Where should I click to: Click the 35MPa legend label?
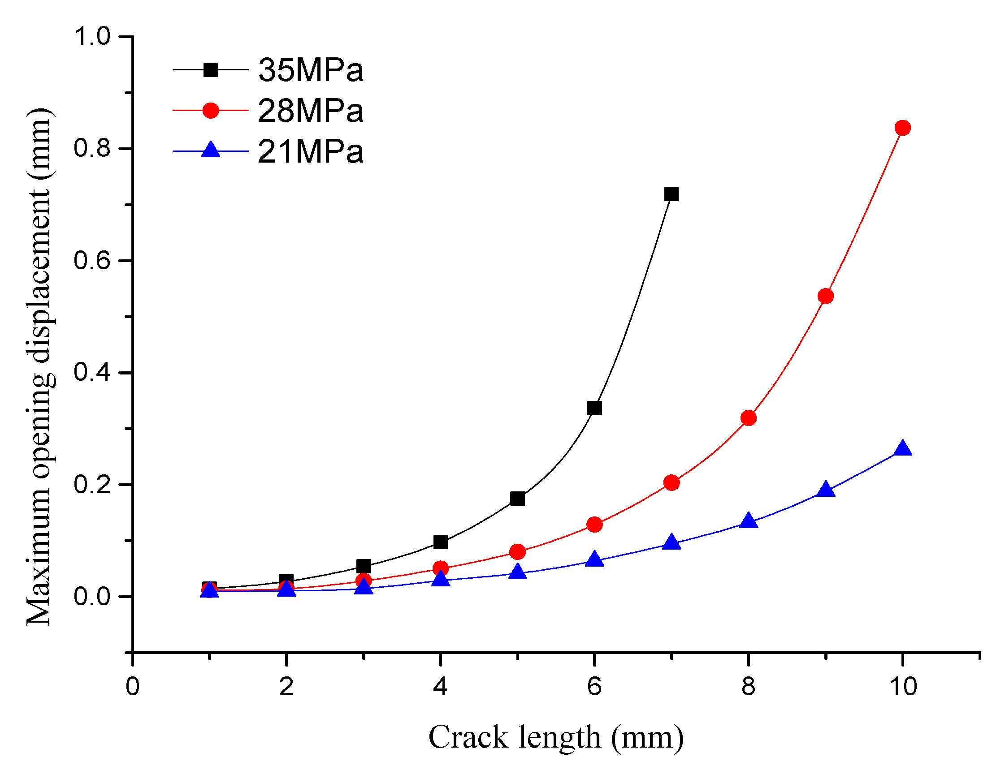point(311,70)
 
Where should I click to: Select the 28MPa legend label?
point(311,111)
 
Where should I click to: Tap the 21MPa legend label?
point(311,151)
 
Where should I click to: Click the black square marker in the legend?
point(211,70)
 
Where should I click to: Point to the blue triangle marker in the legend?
point(211,150)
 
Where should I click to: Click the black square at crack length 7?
point(671,194)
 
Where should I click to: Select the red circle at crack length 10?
point(902,128)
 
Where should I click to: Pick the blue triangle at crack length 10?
point(902,448)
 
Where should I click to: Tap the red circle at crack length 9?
point(825,296)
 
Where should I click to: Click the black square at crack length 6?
point(594,408)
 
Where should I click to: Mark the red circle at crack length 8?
point(748,418)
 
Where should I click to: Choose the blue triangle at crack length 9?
point(825,490)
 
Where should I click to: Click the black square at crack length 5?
point(517,498)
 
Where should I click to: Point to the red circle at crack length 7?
point(671,482)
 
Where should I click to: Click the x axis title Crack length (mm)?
point(556,738)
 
